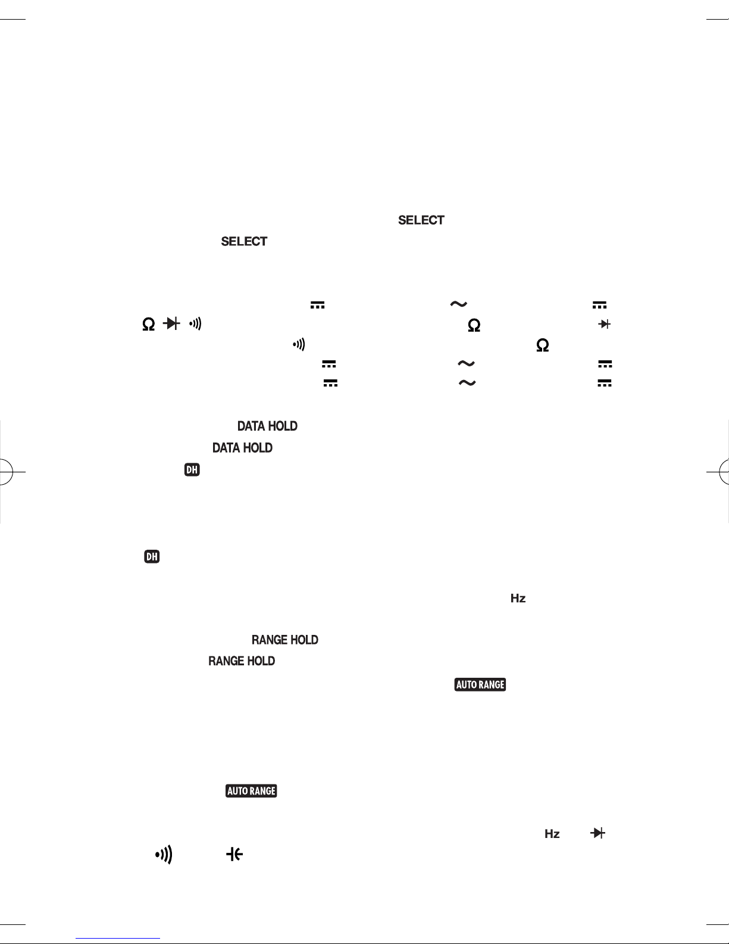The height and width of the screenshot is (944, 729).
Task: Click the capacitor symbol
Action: pyautogui.click(x=234, y=855)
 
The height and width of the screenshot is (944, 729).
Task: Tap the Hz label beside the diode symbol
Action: pyautogui.click(x=552, y=834)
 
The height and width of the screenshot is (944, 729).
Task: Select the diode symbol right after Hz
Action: pyautogui.click(x=597, y=834)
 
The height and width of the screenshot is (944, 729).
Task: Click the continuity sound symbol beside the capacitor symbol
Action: pyautogui.click(x=164, y=855)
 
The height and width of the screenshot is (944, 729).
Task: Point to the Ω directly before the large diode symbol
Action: pyautogui.click(x=148, y=324)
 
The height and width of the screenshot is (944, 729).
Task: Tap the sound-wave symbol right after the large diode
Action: pyautogui.click(x=196, y=324)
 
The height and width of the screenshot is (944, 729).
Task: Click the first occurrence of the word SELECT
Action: pyautogui.click(x=421, y=220)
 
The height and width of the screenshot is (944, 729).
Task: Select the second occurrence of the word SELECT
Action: pyautogui.click(x=244, y=241)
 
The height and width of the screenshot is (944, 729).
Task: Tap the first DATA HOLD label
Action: pyautogui.click(x=267, y=426)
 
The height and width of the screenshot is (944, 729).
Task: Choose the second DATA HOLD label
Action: pyautogui.click(x=242, y=448)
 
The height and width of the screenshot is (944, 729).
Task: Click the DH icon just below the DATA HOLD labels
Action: pyautogui.click(x=192, y=470)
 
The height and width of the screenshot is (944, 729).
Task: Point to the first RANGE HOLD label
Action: pyautogui.click(x=284, y=640)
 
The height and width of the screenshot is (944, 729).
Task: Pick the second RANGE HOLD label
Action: pyautogui.click(x=242, y=661)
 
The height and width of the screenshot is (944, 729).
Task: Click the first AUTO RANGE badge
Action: pyautogui.click(x=480, y=685)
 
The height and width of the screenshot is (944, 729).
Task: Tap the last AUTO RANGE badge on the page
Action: pyautogui.click(x=251, y=791)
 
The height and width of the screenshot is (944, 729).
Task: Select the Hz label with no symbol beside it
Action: pyautogui.click(x=518, y=599)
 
